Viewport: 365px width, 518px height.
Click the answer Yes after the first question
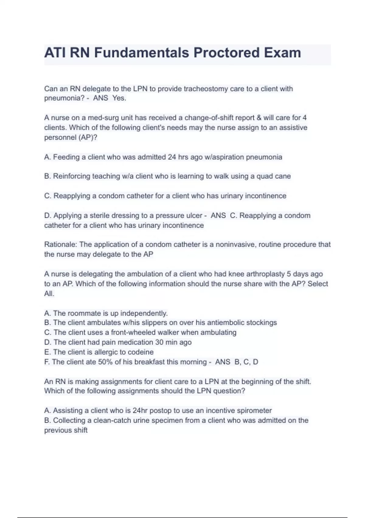[119, 98]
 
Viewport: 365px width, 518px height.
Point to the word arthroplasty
[265, 274]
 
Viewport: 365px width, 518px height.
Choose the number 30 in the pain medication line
[159, 342]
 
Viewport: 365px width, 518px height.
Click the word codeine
[141, 352]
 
